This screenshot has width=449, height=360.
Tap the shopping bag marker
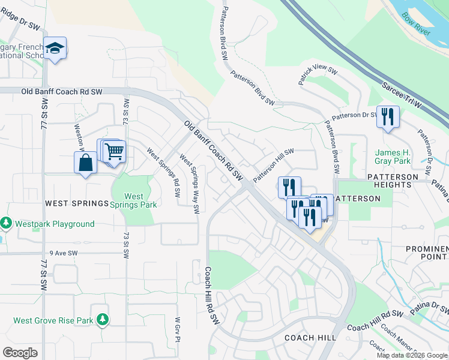[85, 163]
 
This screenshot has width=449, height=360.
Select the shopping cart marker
[114, 152]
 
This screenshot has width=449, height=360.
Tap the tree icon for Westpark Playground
[7, 224]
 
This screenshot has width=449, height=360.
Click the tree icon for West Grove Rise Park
[103, 320]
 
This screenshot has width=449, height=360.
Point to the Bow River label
[416, 24]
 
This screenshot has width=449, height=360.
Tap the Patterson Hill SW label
[273, 166]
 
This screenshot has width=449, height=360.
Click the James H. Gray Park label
[393, 157]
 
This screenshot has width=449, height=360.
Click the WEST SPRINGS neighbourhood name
[76, 204]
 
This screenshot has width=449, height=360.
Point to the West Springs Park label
[134, 200]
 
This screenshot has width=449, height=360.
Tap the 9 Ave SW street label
[64, 253]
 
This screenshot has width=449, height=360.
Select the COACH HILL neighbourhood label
[310, 338]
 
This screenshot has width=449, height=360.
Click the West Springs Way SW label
[189, 185]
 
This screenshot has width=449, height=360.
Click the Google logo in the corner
[20, 352]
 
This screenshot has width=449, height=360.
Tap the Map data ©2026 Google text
[412, 355]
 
